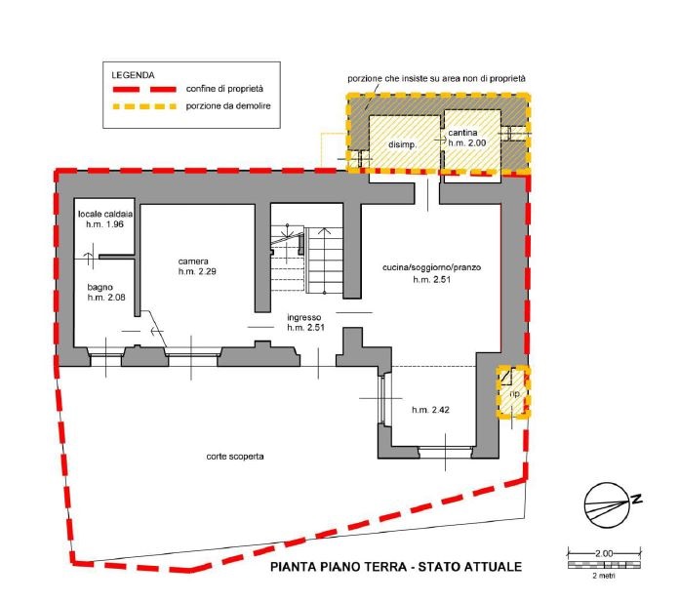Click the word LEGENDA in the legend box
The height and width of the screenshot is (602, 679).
tap(133, 75)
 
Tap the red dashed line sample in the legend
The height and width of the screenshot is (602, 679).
tap(144, 90)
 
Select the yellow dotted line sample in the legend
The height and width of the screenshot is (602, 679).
tap(144, 106)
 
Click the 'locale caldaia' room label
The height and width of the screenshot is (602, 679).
tap(105, 214)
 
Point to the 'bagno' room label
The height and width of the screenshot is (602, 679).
tap(100, 287)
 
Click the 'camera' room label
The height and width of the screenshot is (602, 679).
tap(193, 261)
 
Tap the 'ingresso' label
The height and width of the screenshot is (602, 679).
tap(304, 317)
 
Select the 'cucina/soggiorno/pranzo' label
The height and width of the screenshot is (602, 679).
tap(432, 267)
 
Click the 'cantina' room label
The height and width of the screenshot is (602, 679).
tap(462, 133)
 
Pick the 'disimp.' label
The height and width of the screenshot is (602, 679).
tap(402, 144)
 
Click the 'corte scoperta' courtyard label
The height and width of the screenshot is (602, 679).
tap(235, 457)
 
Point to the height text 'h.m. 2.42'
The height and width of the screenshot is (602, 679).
tap(430, 410)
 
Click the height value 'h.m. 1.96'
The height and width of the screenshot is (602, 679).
tap(104, 224)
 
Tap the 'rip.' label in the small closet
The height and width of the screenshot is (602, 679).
tap(514, 393)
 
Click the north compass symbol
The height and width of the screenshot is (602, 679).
tap(609, 505)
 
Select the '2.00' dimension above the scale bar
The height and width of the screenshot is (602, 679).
tap(604, 553)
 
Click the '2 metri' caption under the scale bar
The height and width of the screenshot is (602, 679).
tap(604, 576)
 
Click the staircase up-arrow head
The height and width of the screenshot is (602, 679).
tap(324, 230)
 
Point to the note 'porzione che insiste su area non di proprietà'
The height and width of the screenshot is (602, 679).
tap(436, 79)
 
